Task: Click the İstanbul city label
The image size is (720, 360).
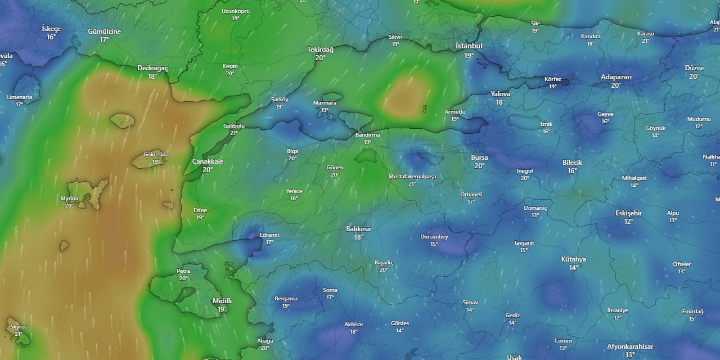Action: [469, 46]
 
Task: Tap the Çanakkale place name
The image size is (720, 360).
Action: [208, 161]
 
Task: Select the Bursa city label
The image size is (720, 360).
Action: [479, 157]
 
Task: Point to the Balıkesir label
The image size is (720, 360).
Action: [358, 229]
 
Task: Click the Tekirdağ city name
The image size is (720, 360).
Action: [320, 49]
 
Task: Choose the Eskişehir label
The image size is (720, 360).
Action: [628, 213]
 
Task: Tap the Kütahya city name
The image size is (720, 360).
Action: [573, 259]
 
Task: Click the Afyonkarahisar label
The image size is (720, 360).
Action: [630, 346]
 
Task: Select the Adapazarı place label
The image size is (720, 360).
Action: [616, 77]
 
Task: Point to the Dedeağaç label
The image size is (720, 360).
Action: [152, 68]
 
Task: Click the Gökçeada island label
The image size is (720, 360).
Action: [156, 154]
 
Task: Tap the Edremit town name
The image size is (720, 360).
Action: [269, 235]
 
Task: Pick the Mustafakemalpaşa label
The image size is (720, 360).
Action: [412, 177]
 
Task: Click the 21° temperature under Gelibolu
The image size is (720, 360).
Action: [234, 133]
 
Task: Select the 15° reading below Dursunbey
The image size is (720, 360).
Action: [434, 244]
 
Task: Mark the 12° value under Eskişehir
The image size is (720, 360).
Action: [628, 222]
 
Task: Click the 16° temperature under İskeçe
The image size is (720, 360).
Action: [51, 37]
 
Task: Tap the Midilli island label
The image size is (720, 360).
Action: [222, 301]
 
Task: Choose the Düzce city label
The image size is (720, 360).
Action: [694, 68]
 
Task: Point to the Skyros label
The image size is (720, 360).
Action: [19, 326]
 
